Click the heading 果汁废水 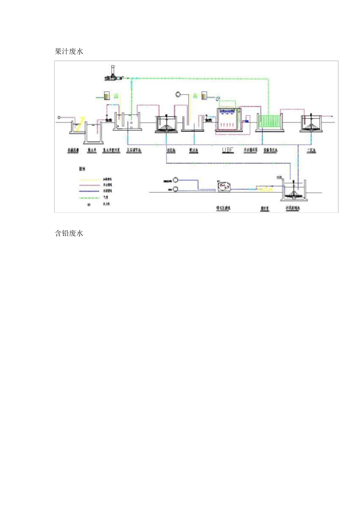point(69,52)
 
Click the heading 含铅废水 point(69,233)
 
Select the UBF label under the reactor point(228,150)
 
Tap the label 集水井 point(92,151)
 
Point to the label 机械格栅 point(73,151)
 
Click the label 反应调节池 point(134,151)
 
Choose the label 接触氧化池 point(271,151)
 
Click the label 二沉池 point(311,151)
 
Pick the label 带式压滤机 point(223,208)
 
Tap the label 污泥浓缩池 point(293,208)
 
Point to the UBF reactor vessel point(229,120)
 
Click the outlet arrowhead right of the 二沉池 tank point(332,117)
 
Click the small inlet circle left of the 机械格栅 point(59,117)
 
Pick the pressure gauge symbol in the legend point(89,205)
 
